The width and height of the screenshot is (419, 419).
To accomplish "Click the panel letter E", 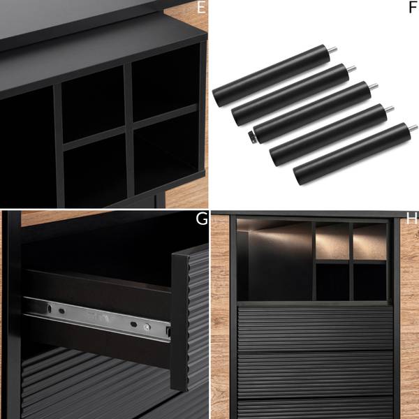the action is coord(201,7).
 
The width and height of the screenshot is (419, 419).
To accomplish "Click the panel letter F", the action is coord(413,7).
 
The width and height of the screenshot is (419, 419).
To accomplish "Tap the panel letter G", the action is coord(202,219).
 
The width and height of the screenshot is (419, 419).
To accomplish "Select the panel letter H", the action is coord(411,219).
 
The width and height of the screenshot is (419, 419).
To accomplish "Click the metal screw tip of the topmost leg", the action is coord(332,50).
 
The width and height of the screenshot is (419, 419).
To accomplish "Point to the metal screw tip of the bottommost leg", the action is coord(413,128).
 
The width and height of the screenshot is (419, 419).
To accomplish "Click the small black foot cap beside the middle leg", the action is coord(251,135).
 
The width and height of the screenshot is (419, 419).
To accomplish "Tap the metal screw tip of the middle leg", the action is coord(374,87).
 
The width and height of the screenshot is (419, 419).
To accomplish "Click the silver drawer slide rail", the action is coord(97,319).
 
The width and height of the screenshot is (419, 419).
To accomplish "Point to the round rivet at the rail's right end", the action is coord(146,327).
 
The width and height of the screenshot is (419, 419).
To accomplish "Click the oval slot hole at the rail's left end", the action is coord(50,308).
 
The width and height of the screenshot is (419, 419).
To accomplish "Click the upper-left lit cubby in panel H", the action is coord(332,241).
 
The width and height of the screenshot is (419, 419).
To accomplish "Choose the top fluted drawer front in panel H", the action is coord(316,328).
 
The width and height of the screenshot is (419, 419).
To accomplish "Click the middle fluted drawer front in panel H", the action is coord(316,374).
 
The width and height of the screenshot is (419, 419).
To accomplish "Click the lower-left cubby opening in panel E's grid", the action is coord(96,171).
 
